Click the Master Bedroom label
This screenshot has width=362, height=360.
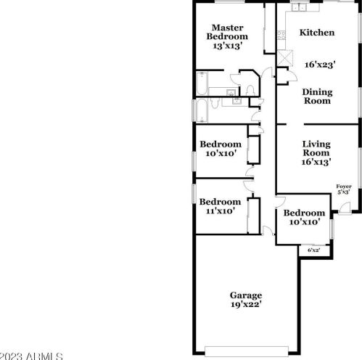(226, 32)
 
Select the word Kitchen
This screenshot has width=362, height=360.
(317, 33)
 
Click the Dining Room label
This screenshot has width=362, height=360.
(317, 96)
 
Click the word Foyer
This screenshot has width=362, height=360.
(344, 187)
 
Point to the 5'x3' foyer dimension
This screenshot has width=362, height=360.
(344, 193)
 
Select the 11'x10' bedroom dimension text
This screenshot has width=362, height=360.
(220, 211)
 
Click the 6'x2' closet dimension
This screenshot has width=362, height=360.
(313, 250)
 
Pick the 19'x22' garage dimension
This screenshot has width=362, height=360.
(245, 305)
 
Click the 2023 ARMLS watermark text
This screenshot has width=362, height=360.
(25, 355)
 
